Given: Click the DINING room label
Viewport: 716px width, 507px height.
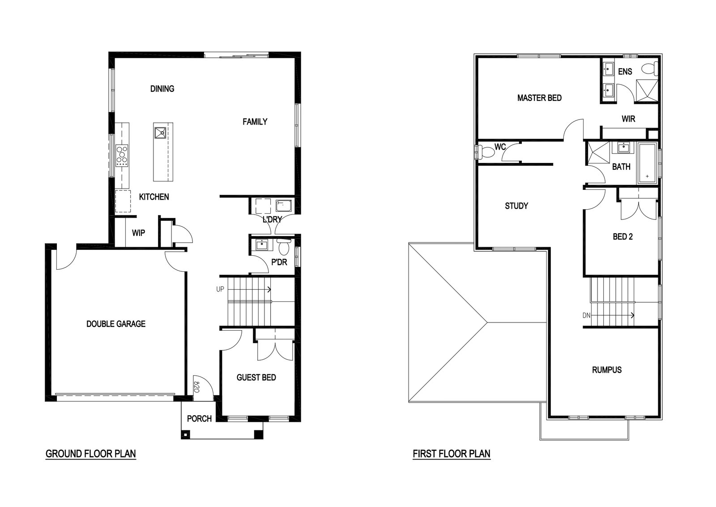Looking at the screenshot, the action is [162, 89].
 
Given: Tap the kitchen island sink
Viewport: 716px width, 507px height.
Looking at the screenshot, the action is [161, 133].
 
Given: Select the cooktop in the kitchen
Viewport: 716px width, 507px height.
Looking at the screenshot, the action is [122, 155].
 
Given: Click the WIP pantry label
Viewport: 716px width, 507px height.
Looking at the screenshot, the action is [138, 233].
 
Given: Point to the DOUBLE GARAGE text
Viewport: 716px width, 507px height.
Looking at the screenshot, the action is [116, 324].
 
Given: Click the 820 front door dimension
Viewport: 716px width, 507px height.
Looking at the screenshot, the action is [196, 387].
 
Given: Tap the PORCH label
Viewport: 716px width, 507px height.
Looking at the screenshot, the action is [199, 418].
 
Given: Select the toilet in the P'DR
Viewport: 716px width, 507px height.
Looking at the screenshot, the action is [284, 246].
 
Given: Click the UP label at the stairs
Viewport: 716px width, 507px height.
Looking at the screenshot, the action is [220, 289].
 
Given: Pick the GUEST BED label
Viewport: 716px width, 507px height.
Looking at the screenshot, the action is [256, 378].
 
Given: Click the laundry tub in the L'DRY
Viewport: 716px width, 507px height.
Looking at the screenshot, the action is [284, 206].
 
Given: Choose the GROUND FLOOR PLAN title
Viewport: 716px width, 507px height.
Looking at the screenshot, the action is [91, 454].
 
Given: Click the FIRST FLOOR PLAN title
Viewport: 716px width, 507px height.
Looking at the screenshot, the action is [452, 454].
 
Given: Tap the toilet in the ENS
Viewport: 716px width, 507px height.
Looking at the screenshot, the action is [649, 69].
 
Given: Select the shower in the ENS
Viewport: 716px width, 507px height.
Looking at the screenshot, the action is [646, 91].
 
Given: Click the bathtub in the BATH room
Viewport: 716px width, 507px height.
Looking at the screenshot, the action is [647, 163].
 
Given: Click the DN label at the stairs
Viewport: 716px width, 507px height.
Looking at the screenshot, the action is [586, 315].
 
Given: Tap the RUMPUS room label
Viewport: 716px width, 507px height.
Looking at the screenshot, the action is [607, 370].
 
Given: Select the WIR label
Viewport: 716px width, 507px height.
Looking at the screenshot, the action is [628, 119].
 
